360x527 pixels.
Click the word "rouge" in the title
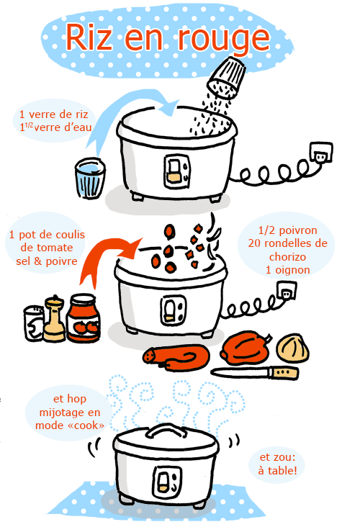(223, 39)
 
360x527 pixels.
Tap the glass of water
(90, 178)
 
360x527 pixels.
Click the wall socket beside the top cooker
(321, 152)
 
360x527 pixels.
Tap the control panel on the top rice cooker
(176, 172)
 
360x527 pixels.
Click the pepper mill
(55, 319)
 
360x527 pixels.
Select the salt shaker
(34, 323)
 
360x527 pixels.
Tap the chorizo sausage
(176, 358)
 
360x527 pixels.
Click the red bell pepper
(246, 348)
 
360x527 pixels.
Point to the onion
(293, 348)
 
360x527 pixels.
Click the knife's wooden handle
(284, 372)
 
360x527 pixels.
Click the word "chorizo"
(287, 257)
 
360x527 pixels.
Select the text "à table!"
(278, 471)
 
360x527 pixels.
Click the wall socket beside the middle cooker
(287, 290)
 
